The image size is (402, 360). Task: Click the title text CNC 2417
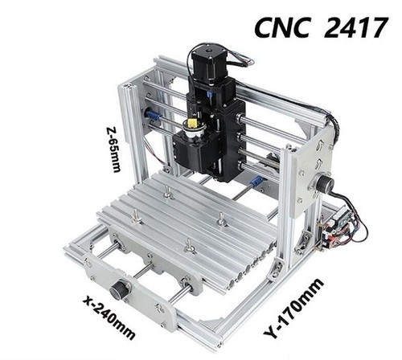click(x=321, y=27)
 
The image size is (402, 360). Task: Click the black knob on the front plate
click(x=118, y=288)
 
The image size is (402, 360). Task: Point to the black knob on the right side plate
click(x=325, y=183)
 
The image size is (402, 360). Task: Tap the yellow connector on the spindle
click(x=194, y=123)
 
